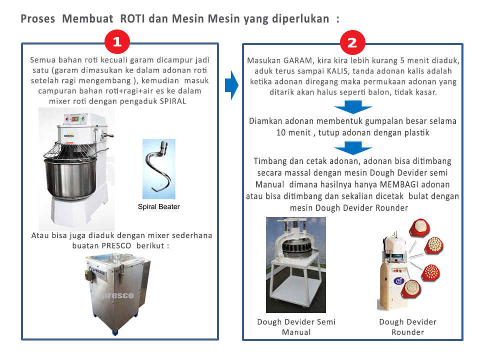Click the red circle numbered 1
tap(117, 42)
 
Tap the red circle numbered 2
tap(352, 42)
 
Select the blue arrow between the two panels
tap(230, 85)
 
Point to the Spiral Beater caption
tap(159, 206)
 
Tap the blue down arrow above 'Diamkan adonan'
tap(353, 107)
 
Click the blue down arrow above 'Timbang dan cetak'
tap(353, 147)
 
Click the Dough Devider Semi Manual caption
tap(296, 326)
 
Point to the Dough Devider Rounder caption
tap(407, 326)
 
